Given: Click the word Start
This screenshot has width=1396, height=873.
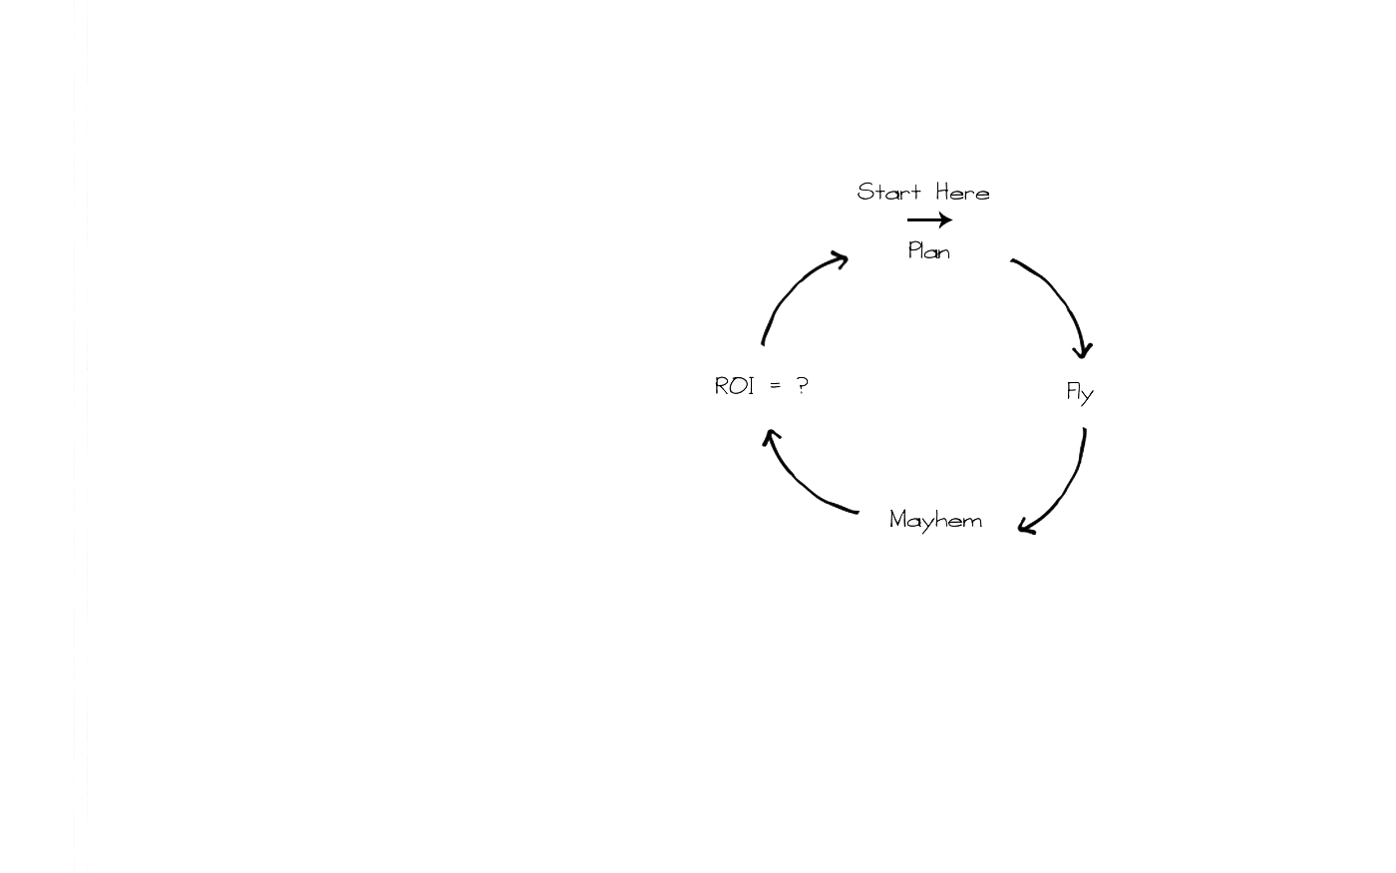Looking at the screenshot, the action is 888,192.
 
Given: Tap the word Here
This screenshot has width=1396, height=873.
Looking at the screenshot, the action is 962,192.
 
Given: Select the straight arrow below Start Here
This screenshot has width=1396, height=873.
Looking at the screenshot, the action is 928,219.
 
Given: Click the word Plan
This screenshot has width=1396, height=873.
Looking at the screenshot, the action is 928,250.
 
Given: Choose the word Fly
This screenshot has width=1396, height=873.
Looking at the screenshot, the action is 1080,392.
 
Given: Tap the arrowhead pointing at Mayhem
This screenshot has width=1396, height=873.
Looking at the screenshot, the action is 1026,526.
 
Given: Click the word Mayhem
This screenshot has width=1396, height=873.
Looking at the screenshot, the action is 935,520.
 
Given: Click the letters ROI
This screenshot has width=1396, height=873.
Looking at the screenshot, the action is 734,386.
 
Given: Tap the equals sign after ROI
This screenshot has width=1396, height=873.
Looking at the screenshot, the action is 775,386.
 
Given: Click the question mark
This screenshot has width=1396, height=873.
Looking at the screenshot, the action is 802,386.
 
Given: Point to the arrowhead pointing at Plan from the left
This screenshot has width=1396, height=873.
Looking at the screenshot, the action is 840,259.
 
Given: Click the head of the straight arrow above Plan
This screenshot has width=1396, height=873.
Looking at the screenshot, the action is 945,219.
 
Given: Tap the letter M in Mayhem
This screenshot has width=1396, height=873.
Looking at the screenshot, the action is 898,519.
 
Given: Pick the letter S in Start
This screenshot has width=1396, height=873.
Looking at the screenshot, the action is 865,192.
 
